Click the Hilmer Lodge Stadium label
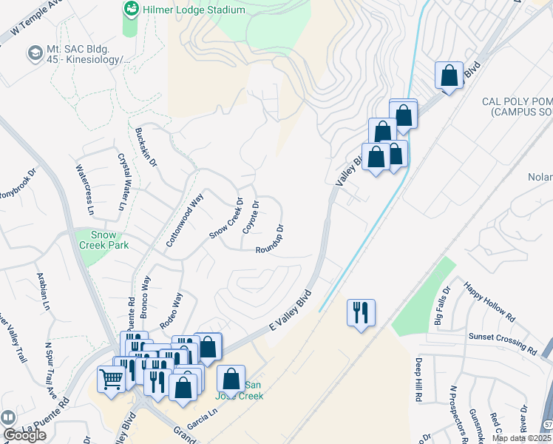[194, 10]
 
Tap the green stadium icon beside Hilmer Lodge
[132, 9]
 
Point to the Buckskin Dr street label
[141, 149]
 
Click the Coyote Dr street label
[250, 215]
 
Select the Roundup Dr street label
[270, 239]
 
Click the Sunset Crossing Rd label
[502, 342]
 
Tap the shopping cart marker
[111, 379]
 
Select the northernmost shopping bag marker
[449, 75]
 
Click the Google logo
[24, 435]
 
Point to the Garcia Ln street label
[202, 426]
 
